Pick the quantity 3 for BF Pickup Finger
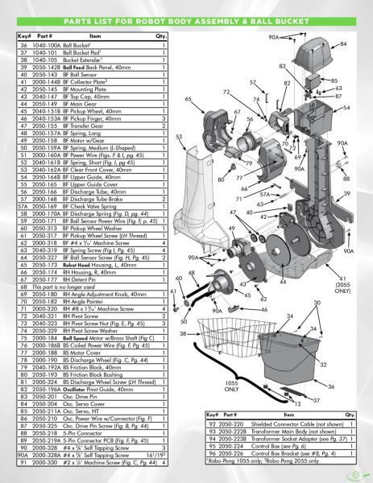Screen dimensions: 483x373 click(164, 118)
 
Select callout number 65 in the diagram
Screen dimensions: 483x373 click(188, 98)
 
